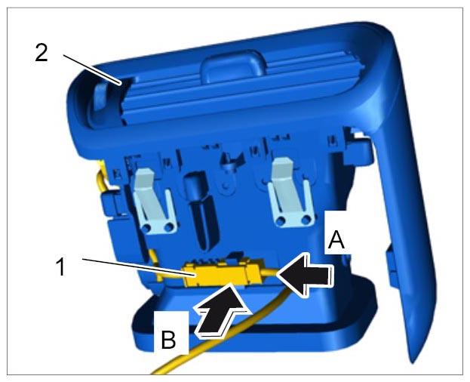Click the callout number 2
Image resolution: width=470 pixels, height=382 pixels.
pyautogui.click(x=41, y=53)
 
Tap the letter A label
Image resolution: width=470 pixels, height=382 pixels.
pyautogui.click(x=336, y=241)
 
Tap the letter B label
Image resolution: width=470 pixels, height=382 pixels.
pyautogui.click(x=168, y=339)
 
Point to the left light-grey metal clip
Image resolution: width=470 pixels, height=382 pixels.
pyautogui.click(x=153, y=201)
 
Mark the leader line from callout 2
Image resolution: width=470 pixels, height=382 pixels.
pyautogui.click(x=92, y=69)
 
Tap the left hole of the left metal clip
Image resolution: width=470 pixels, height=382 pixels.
pyautogui.click(x=147, y=227)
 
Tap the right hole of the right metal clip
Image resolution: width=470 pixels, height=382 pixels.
pyautogui.click(x=306, y=220)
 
